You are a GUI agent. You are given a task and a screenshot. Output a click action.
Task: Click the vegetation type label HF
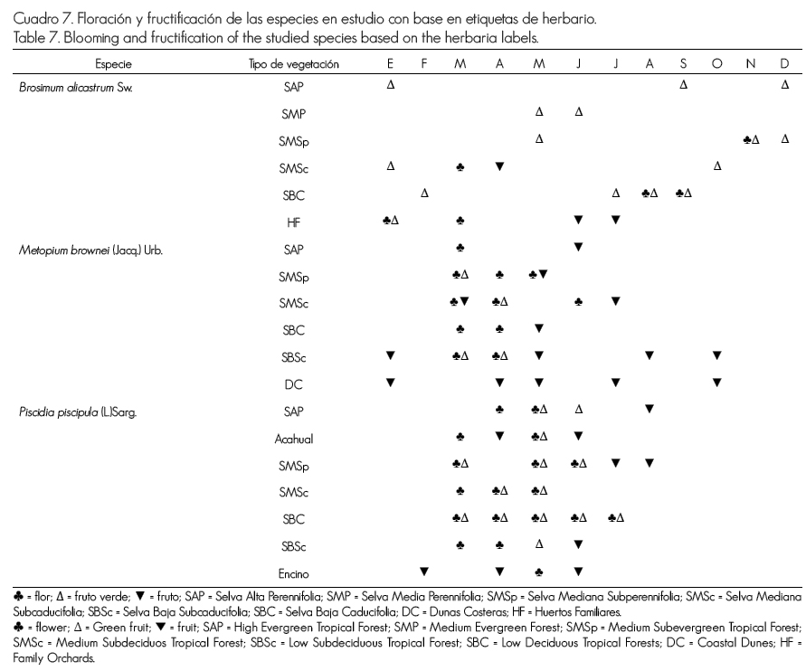click(293, 221)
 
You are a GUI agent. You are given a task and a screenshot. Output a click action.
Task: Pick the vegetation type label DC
click(293, 384)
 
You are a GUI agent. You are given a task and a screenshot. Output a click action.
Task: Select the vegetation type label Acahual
click(293, 438)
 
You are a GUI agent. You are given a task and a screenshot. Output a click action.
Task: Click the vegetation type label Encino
click(293, 572)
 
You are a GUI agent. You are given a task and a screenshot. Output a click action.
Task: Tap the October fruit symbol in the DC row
click(716, 382)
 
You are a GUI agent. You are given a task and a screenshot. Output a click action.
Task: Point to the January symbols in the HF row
click(391, 220)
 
